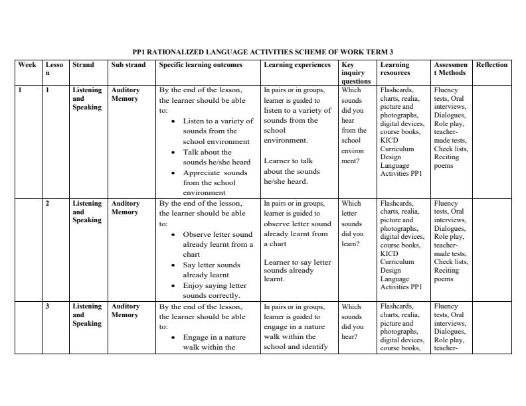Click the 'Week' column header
click(x=27, y=65)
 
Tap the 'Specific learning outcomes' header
click(x=201, y=65)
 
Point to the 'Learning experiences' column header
click(x=297, y=65)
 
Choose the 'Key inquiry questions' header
click(x=355, y=73)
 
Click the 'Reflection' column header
click(x=491, y=65)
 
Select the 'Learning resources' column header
click(x=394, y=69)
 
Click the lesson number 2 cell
click(x=47, y=204)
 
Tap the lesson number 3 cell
click(x=47, y=306)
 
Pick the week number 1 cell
click(x=20, y=90)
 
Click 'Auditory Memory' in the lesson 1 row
click(x=125, y=94)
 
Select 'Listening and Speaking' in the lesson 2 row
click(x=87, y=212)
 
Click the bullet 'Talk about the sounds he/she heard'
click(x=217, y=157)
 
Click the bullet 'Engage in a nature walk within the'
click(x=214, y=342)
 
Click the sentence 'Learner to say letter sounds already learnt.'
click(x=297, y=271)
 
